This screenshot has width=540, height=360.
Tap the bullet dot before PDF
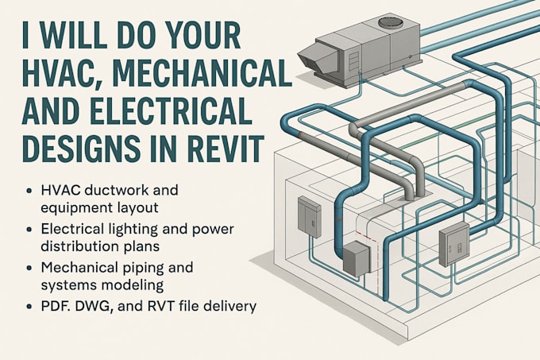[30, 305]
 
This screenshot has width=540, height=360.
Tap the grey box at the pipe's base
[355, 259]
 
